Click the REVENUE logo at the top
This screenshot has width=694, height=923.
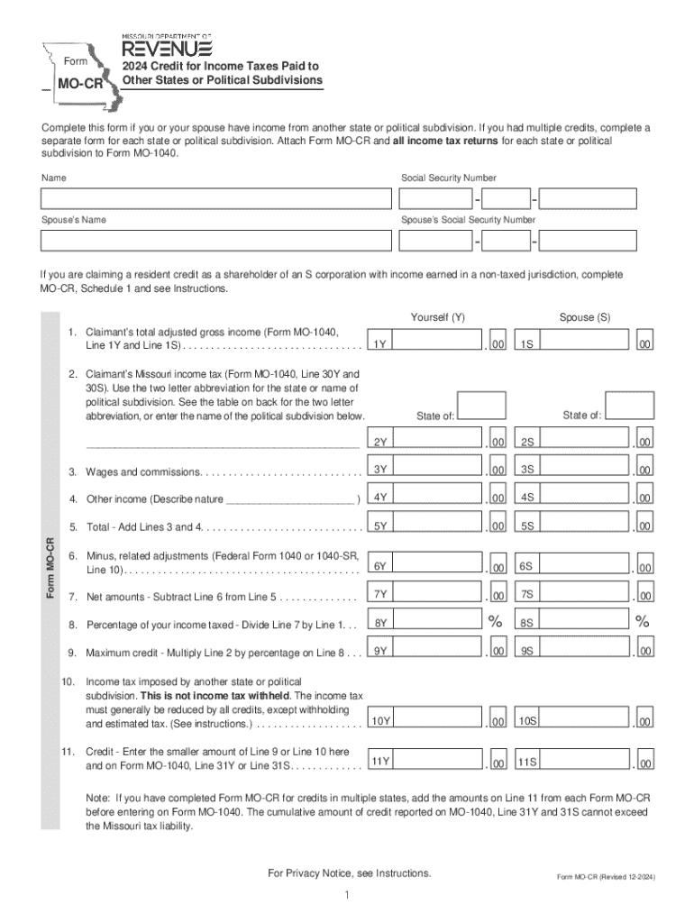click(167, 45)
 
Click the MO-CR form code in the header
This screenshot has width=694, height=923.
click(79, 87)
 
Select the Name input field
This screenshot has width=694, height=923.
click(215, 198)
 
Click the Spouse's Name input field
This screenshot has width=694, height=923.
click(215, 241)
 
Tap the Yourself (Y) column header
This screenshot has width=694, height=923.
click(438, 317)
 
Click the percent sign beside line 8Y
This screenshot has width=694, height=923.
click(495, 621)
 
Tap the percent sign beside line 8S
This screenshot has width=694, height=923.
click(642, 621)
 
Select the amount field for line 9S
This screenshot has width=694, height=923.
click(585, 650)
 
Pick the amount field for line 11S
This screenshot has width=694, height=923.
click(585, 763)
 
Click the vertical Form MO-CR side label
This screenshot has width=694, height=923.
click(52, 568)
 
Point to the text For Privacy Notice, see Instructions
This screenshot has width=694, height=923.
click(350, 873)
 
